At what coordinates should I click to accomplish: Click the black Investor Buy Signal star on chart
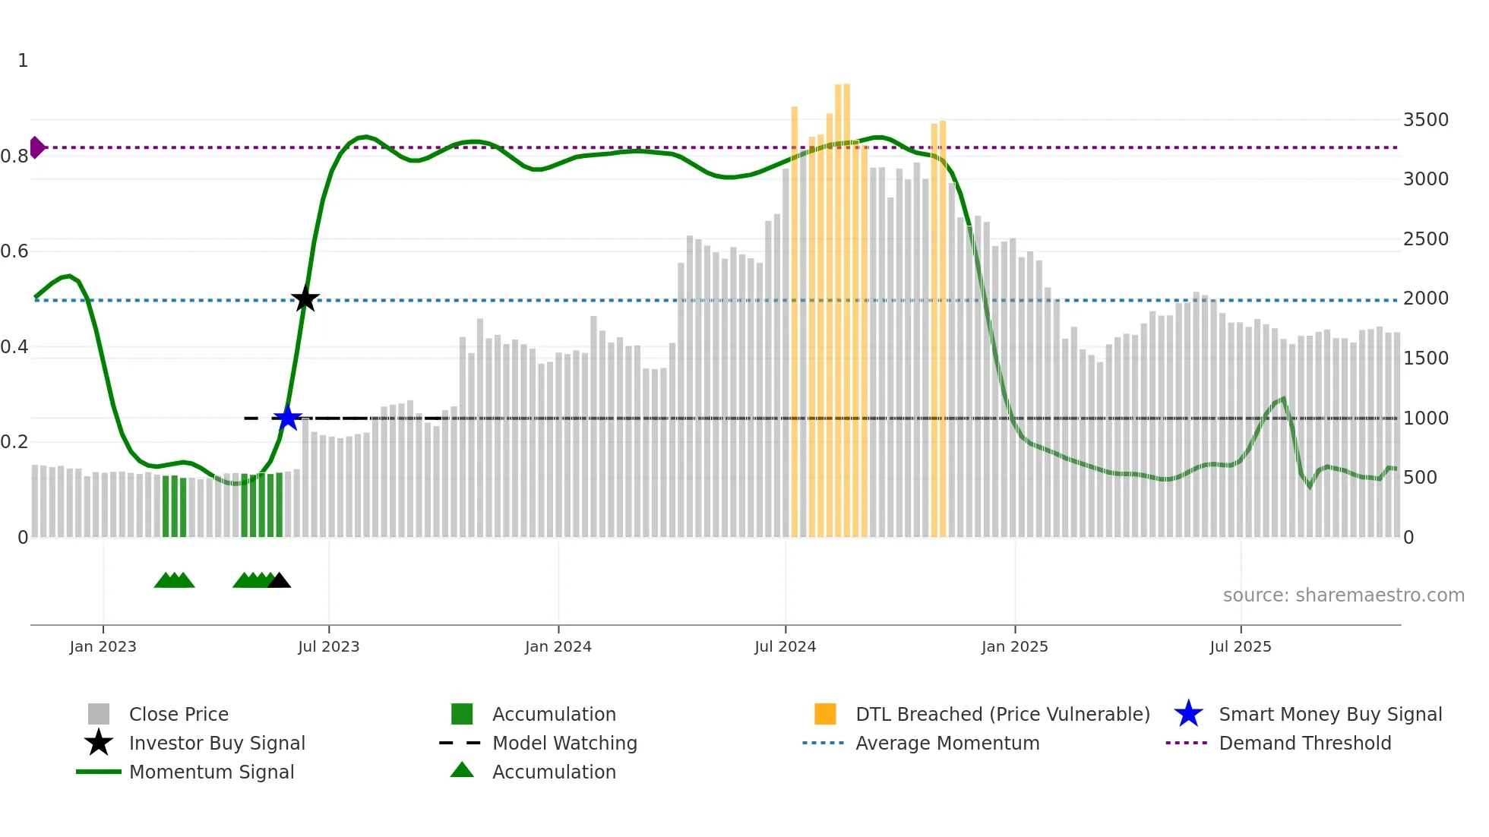coord(305,299)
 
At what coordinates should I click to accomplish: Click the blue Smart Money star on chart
coord(287,418)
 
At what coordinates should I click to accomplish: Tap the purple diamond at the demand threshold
coord(36,147)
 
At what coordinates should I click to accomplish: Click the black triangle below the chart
coord(279,581)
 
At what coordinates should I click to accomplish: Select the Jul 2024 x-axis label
coord(785,646)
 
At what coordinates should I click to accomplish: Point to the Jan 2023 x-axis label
coord(103,646)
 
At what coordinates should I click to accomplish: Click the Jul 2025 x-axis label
coord(1240,646)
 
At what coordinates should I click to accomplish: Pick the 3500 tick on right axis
coord(1425,120)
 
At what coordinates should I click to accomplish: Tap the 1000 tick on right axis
coord(1425,418)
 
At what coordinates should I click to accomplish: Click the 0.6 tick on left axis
coord(14,251)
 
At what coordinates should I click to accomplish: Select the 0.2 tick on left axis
coord(14,442)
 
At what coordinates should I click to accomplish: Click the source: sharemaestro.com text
coord(1343,595)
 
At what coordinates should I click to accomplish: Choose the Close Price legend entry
coord(179,715)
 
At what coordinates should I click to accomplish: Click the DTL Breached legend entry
coord(1002,715)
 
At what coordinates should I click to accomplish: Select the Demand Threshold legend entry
coord(1304,744)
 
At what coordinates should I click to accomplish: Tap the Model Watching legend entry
coord(564,744)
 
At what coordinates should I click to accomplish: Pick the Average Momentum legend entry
coord(947,744)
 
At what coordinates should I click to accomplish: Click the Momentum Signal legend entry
coord(211,772)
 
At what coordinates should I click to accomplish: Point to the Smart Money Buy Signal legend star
coord(1188,715)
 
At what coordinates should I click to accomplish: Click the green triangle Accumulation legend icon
coord(462,771)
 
